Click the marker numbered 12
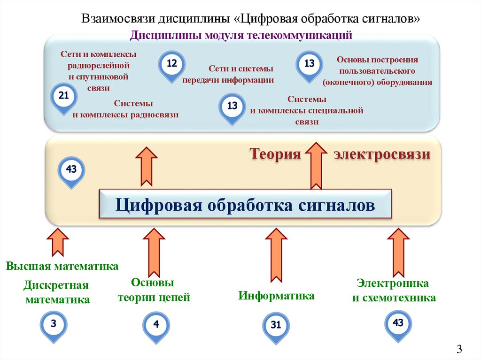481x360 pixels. (172, 64)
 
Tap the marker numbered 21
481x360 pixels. (63, 97)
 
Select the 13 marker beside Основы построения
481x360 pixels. (309, 64)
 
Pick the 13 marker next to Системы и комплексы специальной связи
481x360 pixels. (232, 107)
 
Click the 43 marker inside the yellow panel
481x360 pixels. (71, 170)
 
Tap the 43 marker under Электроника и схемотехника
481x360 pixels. (398, 324)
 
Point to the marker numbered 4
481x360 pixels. (156, 325)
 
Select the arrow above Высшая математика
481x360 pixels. (58, 243)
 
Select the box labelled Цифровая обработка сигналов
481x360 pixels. (245, 205)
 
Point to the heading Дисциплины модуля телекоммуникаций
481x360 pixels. (241, 35)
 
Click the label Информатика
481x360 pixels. (276, 296)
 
